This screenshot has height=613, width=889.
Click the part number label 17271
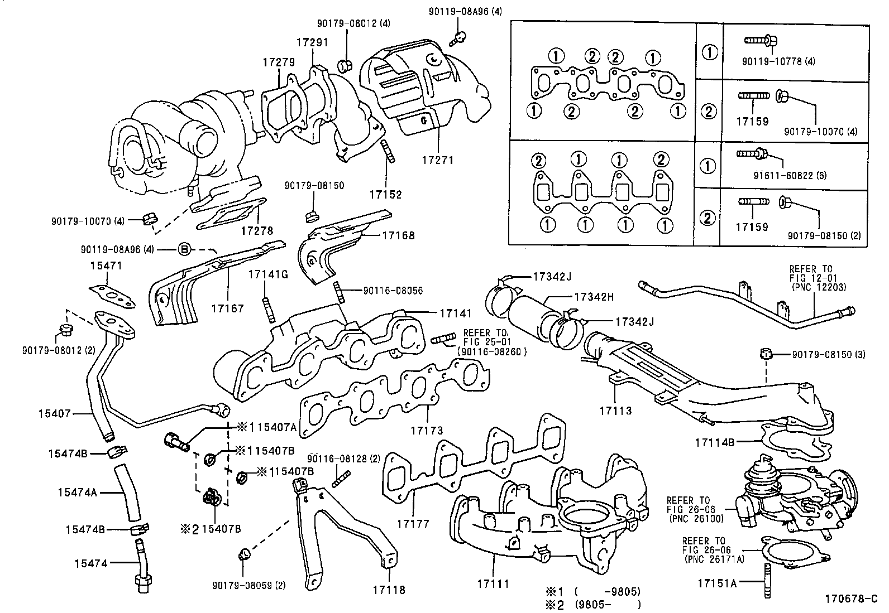(438, 160)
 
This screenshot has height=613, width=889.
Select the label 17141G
(268, 274)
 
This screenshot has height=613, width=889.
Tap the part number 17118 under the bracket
(389, 590)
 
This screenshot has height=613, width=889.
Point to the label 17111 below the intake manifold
(493, 584)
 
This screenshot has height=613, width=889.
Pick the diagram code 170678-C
(852, 600)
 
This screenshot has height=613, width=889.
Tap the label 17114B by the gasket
(714, 442)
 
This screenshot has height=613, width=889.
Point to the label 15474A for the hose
(77, 492)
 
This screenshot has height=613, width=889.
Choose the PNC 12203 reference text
(819, 287)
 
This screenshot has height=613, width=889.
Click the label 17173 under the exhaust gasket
(427, 430)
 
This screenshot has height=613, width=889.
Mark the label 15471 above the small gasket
(106, 266)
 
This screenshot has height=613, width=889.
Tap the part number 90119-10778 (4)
(780, 61)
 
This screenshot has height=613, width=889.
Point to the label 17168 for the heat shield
(398, 235)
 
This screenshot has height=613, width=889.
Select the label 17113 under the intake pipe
(615, 411)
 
